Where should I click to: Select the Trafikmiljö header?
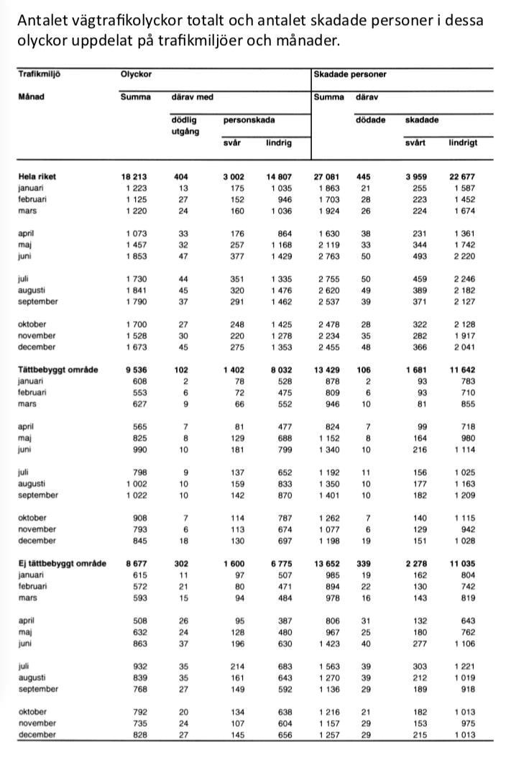(x=42, y=74)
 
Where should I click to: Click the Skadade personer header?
(x=350, y=74)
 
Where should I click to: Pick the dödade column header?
(x=371, y=120)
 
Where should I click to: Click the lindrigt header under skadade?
(x=463, y=142)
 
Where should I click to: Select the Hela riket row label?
(x=37, y=176)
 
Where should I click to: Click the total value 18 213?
(x=136, y=176)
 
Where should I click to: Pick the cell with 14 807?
(x=277, y=176)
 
